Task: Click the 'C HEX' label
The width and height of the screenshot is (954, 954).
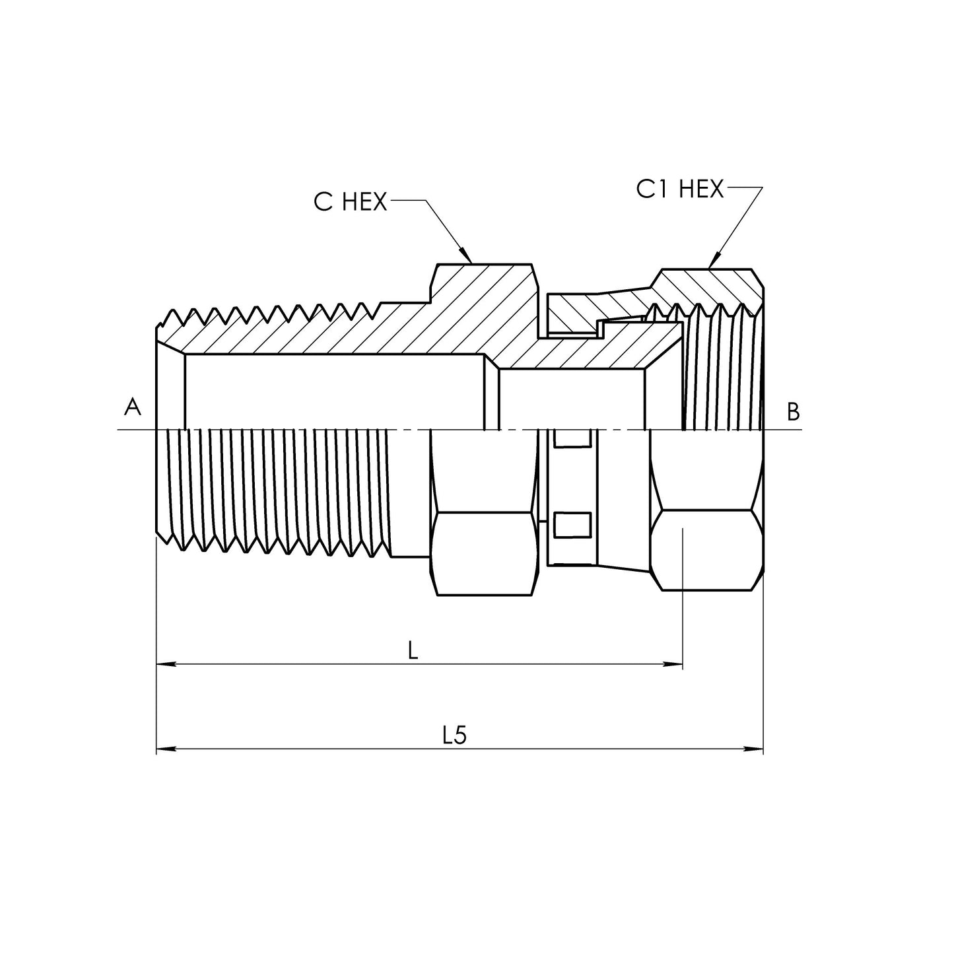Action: pos(350,201)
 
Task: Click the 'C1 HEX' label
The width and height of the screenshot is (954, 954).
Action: pos(679,189)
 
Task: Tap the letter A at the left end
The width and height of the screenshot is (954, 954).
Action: pos(133,408)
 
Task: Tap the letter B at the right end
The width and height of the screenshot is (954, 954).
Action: pos(793,412)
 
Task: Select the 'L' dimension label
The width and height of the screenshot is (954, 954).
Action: pos(413,652)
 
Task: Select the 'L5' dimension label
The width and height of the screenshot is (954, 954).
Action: pos(454,735)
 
